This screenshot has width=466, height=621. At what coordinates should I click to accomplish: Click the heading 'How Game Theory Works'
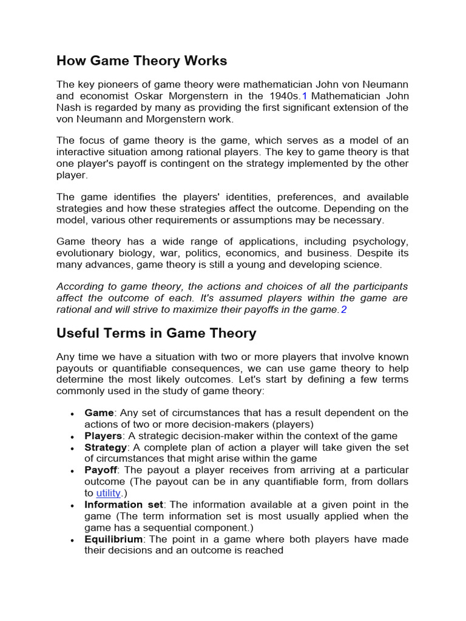tap(141, 61)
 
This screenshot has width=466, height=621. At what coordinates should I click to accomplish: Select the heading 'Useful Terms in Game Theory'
tap(156, 333)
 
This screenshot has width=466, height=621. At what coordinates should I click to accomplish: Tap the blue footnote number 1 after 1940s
tap(305, 96)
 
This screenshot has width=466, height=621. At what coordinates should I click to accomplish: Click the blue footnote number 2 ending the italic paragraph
tap(343, 309)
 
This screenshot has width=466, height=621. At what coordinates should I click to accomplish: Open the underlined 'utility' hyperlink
tap(109, 493)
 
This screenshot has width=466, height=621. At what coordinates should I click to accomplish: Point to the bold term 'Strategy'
tap(106, 447)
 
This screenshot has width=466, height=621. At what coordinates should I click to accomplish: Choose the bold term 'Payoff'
tap(101, 470)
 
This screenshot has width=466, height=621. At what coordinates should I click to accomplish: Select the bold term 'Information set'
tap(124, 505)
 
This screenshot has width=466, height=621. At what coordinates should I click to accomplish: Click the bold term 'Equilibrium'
tap(113, 539)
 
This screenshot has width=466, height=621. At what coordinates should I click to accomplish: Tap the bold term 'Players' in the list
tap(103, 435)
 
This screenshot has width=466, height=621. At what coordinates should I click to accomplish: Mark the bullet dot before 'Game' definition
tap(73, 414)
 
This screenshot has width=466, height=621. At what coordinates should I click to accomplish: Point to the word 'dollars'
tap(391, 482)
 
